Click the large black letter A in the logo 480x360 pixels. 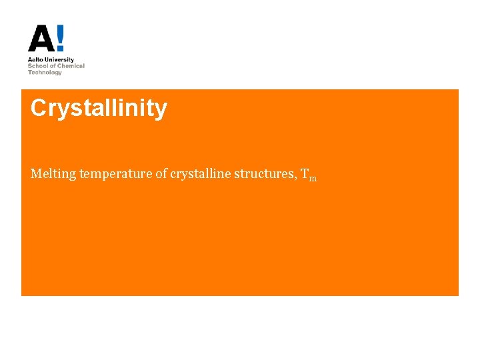tap(41, 39)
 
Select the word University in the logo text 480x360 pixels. tap(60, 60)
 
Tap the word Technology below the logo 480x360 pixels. tap(45, 72)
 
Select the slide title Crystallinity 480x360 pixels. tap(99, 108)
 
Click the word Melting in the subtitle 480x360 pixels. tap(53, 174)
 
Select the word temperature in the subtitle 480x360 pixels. tap(116, 175)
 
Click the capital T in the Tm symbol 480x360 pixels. tap(305, 174)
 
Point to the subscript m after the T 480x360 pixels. tap(313, 178)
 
